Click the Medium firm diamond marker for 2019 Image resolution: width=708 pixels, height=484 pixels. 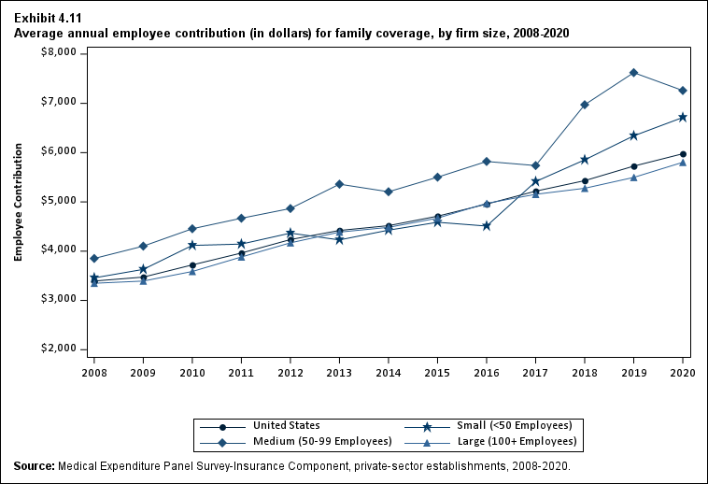coord(634,73)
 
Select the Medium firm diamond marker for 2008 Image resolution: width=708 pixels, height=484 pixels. coord(94,259)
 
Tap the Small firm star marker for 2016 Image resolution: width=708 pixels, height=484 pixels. coord(487,226)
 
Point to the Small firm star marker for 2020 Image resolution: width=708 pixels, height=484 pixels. coord(683,118)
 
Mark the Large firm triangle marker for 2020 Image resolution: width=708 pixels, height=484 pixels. coord(683,163)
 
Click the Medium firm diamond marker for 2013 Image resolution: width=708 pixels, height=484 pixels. coord(339,184)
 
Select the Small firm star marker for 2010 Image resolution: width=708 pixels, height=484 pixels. coord(192,246)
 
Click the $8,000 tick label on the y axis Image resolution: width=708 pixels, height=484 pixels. coord(61,53)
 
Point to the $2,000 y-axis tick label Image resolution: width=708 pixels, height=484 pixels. coord(61,349)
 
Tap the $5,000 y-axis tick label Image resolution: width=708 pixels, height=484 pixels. coord(61,201)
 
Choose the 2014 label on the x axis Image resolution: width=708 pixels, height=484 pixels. coord(389,372)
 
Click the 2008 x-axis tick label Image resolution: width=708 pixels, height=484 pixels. coord(94,372)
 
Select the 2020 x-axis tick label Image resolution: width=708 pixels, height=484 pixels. coord(683,372)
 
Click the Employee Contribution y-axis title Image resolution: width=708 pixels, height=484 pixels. coord(18,202)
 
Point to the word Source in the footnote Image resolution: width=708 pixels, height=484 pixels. coord(34,465)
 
